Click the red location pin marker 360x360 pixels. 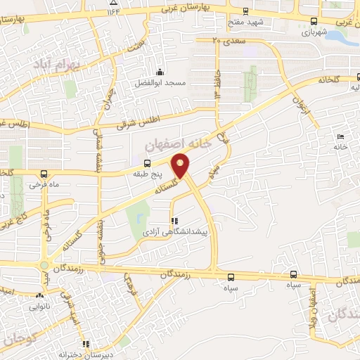[181, 165]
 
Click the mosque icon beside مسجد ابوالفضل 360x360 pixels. [160, 72]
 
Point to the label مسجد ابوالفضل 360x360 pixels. [161, 83]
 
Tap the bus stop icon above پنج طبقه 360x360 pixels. [146, 163]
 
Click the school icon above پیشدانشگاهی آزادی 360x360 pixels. [174, 221]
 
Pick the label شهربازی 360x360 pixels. [315, 32]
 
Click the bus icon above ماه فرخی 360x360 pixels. [45, 174]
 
